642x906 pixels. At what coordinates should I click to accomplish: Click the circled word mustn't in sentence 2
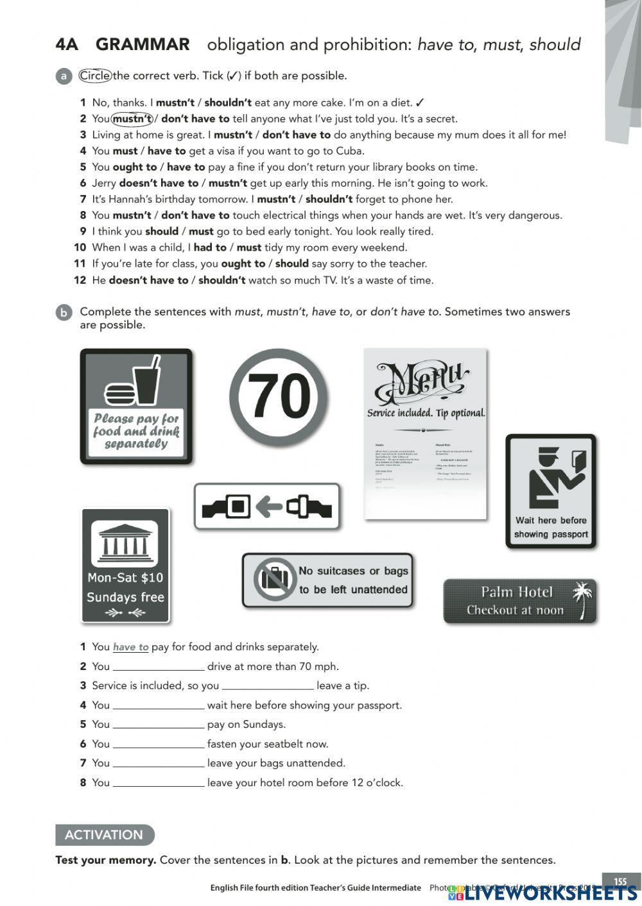coord(132,119)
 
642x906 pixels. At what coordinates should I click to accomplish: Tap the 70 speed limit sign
coord(279,398)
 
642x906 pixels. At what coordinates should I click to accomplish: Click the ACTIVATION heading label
coord(104,835)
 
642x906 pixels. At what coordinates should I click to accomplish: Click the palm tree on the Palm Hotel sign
coord(583,599)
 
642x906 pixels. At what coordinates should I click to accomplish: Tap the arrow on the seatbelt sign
coord(268,507)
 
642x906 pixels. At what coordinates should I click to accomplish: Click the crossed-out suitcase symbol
coord(274,580)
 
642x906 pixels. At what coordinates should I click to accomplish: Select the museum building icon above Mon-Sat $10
coord(125,544)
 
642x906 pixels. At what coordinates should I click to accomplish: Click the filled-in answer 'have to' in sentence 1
coord(130,647)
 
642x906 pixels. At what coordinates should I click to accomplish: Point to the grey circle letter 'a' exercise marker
coord(64,76)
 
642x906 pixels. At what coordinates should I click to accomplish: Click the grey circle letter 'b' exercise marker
coord(64,312)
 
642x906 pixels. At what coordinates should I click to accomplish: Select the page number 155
coord(620,881)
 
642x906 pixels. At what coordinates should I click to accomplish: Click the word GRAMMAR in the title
coord(143,45)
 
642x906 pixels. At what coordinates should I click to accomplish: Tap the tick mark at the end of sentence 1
coord(420,103)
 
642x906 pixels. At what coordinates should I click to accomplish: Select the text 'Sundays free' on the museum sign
coord(125,597)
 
